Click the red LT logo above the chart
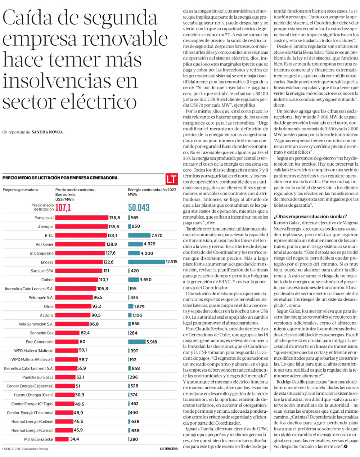[172, 179]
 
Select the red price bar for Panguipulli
[82, 218]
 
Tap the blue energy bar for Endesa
[146, 262]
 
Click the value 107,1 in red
[63, 207]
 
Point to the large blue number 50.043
[139, 207]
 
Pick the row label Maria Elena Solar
[39, 439]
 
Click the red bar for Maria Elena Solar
[62, 439]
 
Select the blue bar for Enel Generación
[137, 342]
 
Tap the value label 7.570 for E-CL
[157, 236]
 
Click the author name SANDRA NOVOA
[47, 132]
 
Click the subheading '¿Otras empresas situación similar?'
[310, 216]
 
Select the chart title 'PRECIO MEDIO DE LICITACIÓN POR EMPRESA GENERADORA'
[60, 178]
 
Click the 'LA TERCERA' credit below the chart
[168, 449]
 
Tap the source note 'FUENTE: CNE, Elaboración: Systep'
[25, 449]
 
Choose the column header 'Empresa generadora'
[20, 190]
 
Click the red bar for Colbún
[77, 279]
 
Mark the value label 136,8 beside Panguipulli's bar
[114, 218]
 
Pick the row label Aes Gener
[45, 244]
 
